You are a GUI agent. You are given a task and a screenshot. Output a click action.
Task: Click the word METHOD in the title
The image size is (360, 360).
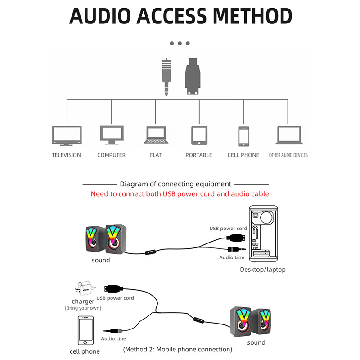coord(252,16)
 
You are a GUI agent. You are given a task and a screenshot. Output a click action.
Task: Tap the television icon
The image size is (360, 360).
coord(67,136)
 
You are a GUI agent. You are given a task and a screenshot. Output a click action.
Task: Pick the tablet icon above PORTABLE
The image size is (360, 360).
coord(199,135)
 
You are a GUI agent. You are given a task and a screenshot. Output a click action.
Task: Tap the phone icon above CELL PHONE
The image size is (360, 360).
coord(243,136)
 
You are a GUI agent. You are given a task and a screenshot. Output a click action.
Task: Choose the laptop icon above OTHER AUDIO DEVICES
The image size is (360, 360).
coord(288,135)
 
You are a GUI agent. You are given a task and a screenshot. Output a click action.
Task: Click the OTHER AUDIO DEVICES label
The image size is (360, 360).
coord(288,155)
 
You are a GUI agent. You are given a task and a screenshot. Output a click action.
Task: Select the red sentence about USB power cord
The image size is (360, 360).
coord(180,194)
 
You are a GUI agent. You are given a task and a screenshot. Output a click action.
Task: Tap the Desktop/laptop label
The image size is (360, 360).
coord(263,270)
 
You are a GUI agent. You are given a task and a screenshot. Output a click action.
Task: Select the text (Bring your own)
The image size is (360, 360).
coord(83,308)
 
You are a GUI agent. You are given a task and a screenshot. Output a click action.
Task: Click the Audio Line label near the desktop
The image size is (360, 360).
coord(232,257)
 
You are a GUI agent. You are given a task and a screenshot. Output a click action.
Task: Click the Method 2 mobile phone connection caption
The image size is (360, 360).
coord(178,349)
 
